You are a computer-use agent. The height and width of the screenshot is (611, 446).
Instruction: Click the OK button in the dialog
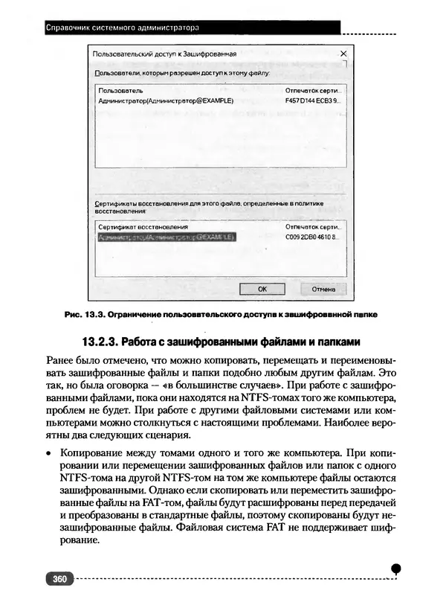[262, 288]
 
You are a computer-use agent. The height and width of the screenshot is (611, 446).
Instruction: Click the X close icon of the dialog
[343, 54]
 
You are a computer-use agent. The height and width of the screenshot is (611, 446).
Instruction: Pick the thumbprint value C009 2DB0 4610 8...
[312, 237]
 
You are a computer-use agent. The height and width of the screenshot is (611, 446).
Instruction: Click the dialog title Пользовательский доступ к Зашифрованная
[164, 54]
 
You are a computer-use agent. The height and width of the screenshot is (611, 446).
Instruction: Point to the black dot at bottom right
[396, 569]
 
